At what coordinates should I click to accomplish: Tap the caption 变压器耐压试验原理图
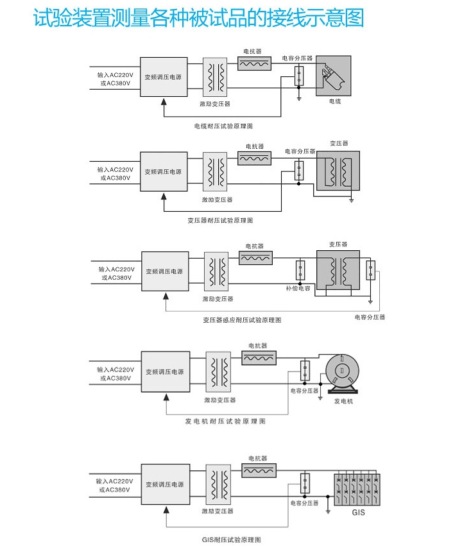tap(221, 220)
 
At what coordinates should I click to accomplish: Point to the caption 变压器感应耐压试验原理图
tap(242, 319)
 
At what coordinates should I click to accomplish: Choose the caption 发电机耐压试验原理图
tap(225, 421)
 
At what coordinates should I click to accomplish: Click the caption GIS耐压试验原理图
tap(231, 540)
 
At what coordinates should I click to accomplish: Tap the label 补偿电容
tap(298, 289)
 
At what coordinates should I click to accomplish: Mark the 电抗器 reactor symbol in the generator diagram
tap(259, 358)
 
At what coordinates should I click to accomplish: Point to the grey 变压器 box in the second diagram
tap(338, 170)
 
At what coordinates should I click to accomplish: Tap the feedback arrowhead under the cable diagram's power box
tap(164, 101)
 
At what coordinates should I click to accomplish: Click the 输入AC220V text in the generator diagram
tap(115, 370)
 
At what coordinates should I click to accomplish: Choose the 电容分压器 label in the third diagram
tap(370, 317)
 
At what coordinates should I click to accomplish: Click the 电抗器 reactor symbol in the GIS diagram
tap(259, 471)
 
